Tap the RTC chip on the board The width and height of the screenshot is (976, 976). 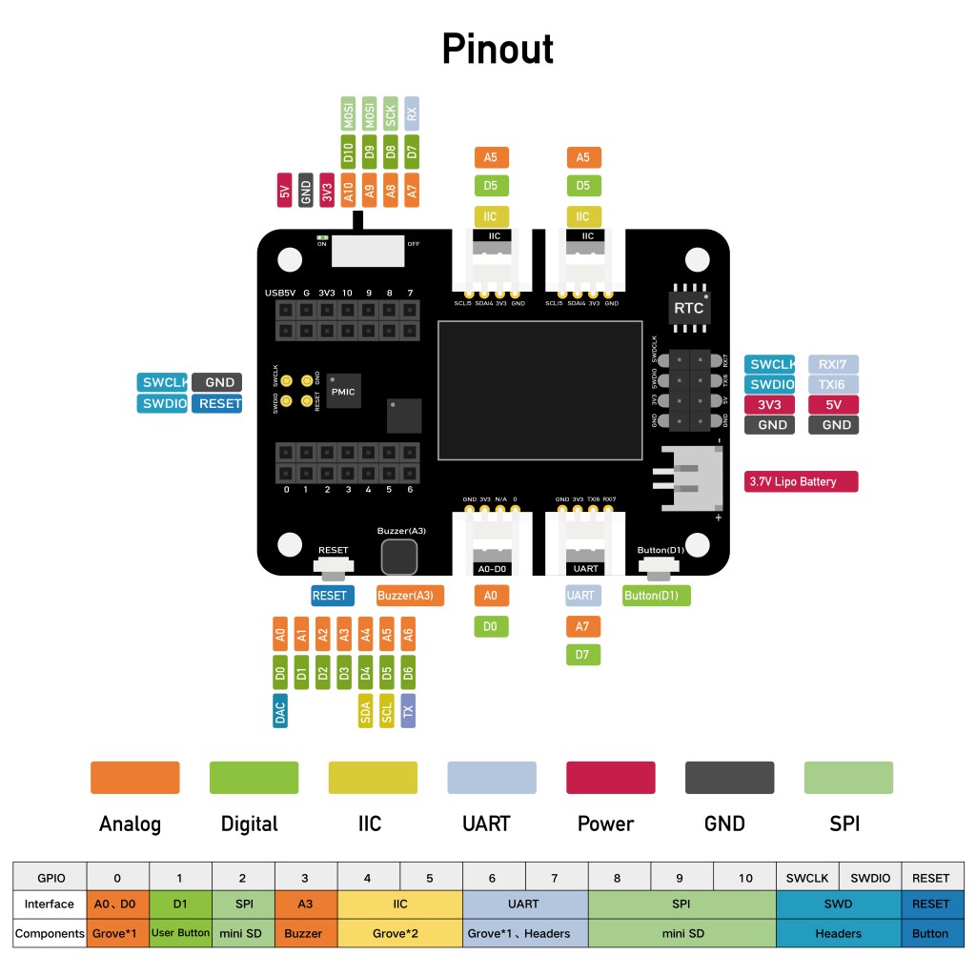coord(688,308)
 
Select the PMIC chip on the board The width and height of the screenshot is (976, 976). coord(342,392)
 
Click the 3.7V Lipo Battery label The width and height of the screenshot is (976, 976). coord(801,481)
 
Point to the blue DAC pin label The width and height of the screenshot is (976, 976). coord(280,711)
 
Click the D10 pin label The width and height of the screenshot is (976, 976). coord(348,151)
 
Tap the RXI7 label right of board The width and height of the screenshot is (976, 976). coord(833,364)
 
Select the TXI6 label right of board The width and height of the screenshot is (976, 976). coord(833,384)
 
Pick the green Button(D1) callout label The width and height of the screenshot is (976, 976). coord(655,596)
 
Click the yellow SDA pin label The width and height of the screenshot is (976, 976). coord(365,711)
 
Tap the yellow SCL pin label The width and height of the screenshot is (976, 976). coord(387,711)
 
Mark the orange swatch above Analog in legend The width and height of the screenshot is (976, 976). coord(134,777)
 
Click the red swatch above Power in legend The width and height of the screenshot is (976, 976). coord(610,777)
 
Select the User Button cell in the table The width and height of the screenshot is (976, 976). coord(180,933)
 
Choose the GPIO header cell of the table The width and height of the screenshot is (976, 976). coord(51,878)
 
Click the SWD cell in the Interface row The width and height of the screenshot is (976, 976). coord(839,904)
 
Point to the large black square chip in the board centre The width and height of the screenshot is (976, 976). coord(539,391)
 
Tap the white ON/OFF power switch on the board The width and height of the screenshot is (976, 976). coord(366,251)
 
